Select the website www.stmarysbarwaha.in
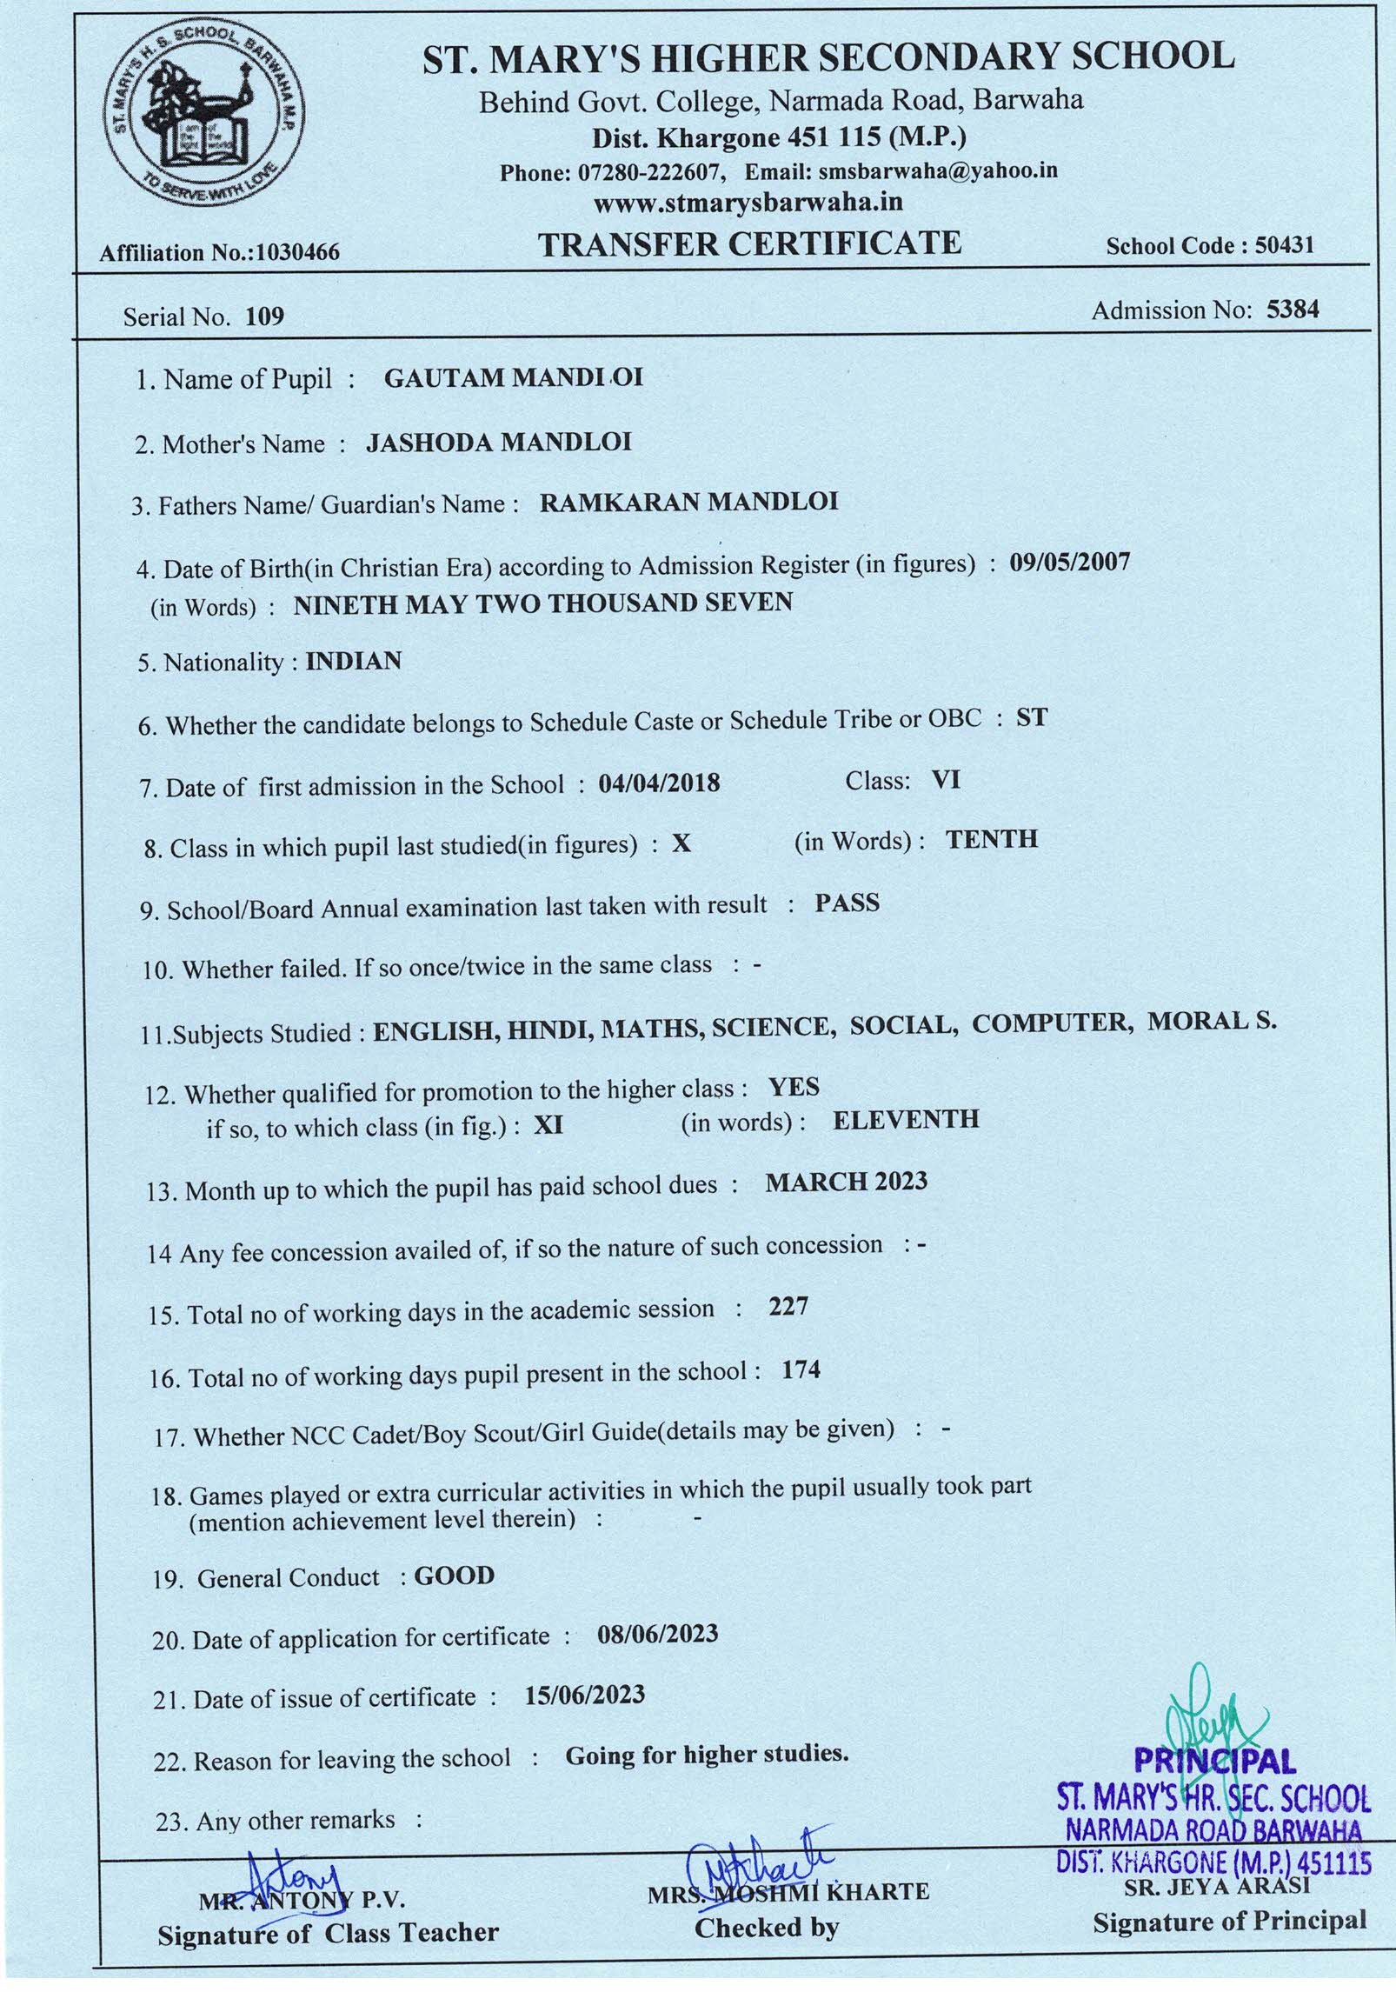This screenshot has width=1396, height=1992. click(748, 203)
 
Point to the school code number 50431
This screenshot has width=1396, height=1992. click(1284, 246)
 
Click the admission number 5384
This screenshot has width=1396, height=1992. click(1293, 310)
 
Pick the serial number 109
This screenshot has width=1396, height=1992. click(265, 316)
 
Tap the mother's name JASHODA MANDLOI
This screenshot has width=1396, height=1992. click(498, 443)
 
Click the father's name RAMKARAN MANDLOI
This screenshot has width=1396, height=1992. click(688, 502)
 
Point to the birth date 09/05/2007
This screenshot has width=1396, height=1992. click(1069, 562)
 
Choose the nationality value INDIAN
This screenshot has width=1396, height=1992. click(354, 661)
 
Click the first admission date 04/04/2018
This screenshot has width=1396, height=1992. click(659, 783)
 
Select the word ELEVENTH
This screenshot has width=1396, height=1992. click(906, 1119)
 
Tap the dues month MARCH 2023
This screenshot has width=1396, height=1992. click(846, 1182)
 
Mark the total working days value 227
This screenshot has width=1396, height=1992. click(788, 1307)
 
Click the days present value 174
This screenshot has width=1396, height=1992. click(801, 1370)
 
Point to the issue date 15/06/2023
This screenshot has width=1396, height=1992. click(585, 1695)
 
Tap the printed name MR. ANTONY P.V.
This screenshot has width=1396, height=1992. click(302, 1901)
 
